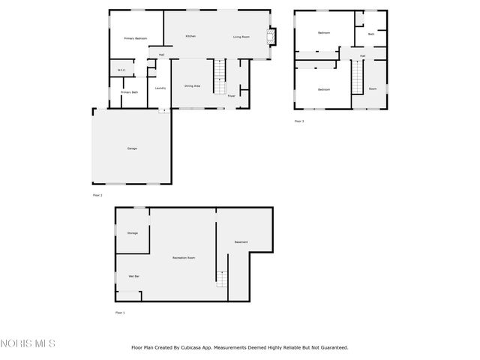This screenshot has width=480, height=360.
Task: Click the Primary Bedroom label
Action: (135, 38)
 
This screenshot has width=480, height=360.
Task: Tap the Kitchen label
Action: (190, 37)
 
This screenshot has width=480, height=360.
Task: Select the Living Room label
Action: (241, 37)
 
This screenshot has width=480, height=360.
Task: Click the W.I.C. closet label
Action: (121, 70)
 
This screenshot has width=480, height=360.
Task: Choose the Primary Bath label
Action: (129, 92)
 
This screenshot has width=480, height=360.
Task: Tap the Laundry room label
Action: (160, 88)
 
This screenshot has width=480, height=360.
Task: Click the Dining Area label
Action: (192, 86)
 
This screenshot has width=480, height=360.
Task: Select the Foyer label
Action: (232, 96)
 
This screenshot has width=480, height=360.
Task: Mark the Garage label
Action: (132, 148)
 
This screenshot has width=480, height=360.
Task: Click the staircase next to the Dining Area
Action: (220, 76)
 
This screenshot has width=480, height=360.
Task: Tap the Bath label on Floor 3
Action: (370, 34)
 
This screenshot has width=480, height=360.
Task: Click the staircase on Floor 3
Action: (357, 77)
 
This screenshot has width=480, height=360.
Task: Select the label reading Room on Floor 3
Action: (373, 89)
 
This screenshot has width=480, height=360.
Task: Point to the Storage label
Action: (132, 233)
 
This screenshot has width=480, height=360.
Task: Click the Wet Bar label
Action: (133, 277)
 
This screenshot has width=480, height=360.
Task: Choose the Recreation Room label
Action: (184, 258)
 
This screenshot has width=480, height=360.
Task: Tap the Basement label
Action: (241, 242)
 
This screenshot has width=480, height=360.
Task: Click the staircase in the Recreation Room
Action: (221, 278)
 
